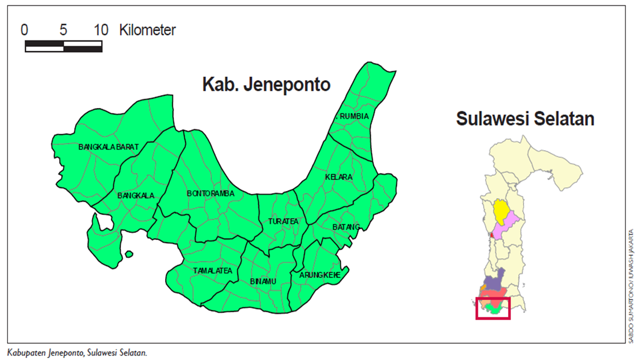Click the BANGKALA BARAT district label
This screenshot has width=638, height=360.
(108, 147)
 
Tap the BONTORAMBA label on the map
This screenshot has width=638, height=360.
(210, 193)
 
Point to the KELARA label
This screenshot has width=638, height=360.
(338, 177)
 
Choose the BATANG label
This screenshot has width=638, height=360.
(346, 227)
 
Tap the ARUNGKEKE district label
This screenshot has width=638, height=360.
(320, 275)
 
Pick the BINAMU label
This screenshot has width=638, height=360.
(263, 281)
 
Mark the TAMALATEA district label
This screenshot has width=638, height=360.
(213, 271)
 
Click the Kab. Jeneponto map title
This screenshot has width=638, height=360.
(266, 84)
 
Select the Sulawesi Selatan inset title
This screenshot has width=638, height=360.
(525, 119)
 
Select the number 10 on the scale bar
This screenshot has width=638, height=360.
(101, 30)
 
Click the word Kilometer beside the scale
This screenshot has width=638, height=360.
(147, 30)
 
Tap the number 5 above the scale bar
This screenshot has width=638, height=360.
(63, 30)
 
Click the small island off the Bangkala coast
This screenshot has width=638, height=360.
(129, 254)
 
